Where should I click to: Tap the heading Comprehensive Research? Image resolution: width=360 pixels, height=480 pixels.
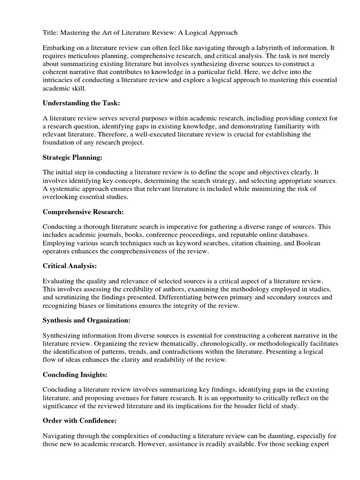(x=83, y=212)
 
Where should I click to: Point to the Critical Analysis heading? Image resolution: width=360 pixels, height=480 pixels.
(x=70, y=266)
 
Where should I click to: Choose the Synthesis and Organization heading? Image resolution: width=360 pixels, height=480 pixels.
(x=87, y=320)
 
